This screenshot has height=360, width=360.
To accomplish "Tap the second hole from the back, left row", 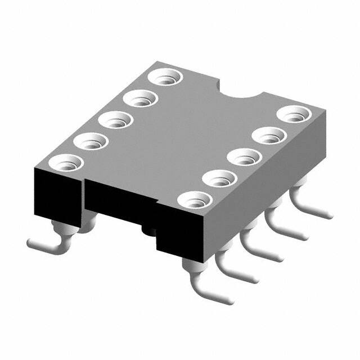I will tap(140, 100).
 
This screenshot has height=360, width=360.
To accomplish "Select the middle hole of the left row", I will tap(115, 119).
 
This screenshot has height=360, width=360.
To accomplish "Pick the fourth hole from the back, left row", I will tap(91, 141).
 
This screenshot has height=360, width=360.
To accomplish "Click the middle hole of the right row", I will tap(245, 156).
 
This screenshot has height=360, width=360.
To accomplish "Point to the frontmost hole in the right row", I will tap(195, 199).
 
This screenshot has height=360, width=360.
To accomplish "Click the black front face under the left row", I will tap(56, 197).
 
